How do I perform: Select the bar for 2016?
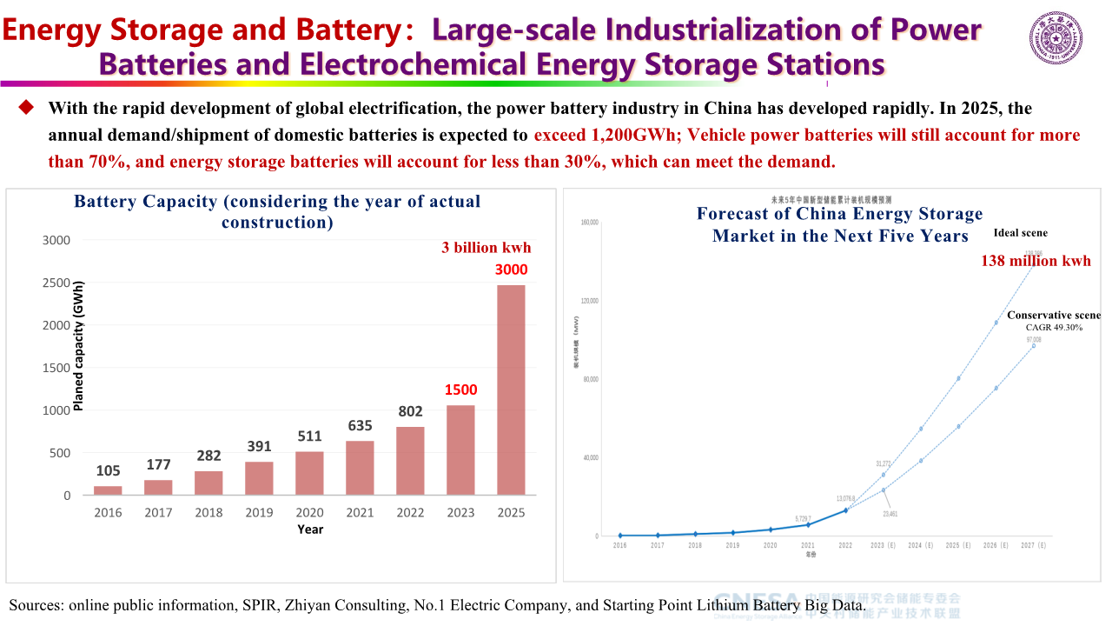click(108, 490)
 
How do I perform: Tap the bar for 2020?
click(309, 473)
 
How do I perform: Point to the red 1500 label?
click(460, 390)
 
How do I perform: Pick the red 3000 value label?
click(511, 270)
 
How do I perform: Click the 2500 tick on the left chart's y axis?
click(58, 283)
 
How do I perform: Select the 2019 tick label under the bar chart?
click(259, 513)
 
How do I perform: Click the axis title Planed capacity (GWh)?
click(79, 345)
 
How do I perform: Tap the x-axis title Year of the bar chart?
click(310, 529)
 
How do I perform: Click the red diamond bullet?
click(26, 107)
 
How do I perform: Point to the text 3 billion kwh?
click(486, 248)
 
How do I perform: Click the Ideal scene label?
click(1021, 233)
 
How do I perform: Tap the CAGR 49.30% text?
click(1054, 328)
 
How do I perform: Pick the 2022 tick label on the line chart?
click(845, 545)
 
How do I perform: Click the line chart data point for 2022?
click(845, 509)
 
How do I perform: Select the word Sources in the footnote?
click(35, 604)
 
